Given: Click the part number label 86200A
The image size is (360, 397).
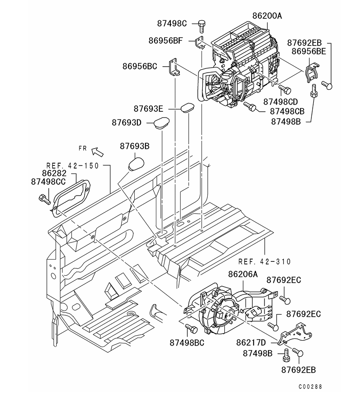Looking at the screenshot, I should coord(267,16).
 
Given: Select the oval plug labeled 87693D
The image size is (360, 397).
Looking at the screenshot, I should coord(160,123).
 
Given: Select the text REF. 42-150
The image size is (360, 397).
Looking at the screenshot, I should coord(72,165).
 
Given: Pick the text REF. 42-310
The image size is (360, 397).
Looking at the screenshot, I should coord(264,261).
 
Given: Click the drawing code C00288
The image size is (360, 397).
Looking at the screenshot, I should coord(310,386).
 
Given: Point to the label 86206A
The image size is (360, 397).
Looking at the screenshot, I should coord(243,274).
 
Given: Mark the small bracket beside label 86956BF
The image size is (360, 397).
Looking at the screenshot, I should coord(200,43).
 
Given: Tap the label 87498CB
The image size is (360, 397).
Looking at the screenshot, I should coord(287,111).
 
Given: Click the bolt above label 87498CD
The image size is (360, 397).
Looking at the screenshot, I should coord(284,89).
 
